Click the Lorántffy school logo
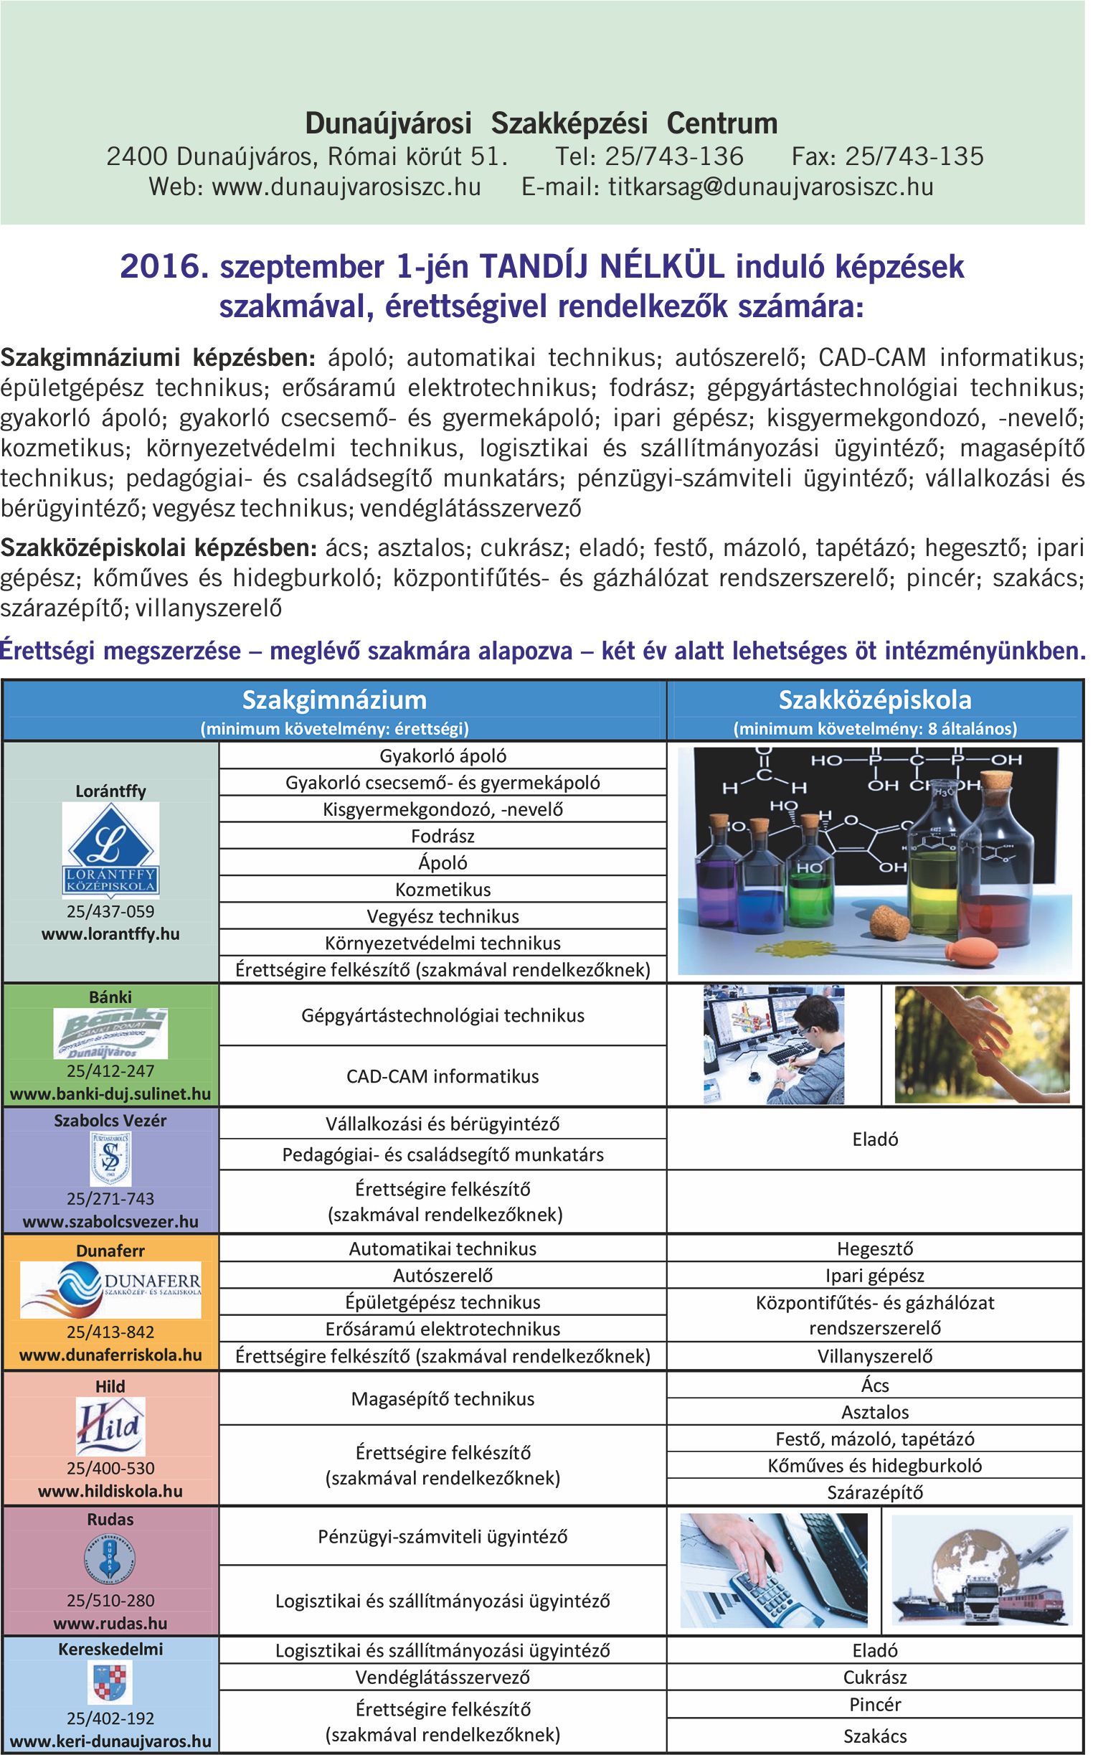(110, 849)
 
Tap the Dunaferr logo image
(110, 1289)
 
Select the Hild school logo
(110, 1425)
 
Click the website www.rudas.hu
(110, 1624)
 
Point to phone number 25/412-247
(110, 1071)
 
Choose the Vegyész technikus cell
(443, 916)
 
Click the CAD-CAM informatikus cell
(443, 1076)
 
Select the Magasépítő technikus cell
(443, 1398)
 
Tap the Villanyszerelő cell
(875, 1356)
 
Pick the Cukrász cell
(875, 1677)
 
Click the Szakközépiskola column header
(875, 700)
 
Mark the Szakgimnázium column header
(334, 700)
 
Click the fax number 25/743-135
(914, 156)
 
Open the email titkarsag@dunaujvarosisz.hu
(770, 187)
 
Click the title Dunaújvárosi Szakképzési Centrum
(541, 123)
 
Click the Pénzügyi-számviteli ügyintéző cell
(443, 1536)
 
